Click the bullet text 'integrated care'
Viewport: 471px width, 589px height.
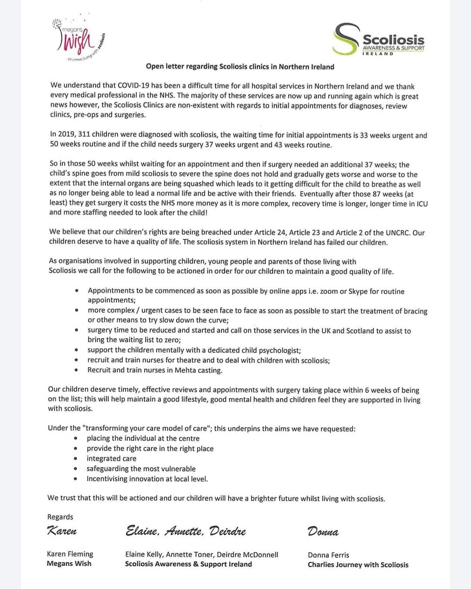pyautogui.click(x=111, y=458)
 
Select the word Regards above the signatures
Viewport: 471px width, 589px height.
pyautogui.click(x=60, y=516)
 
